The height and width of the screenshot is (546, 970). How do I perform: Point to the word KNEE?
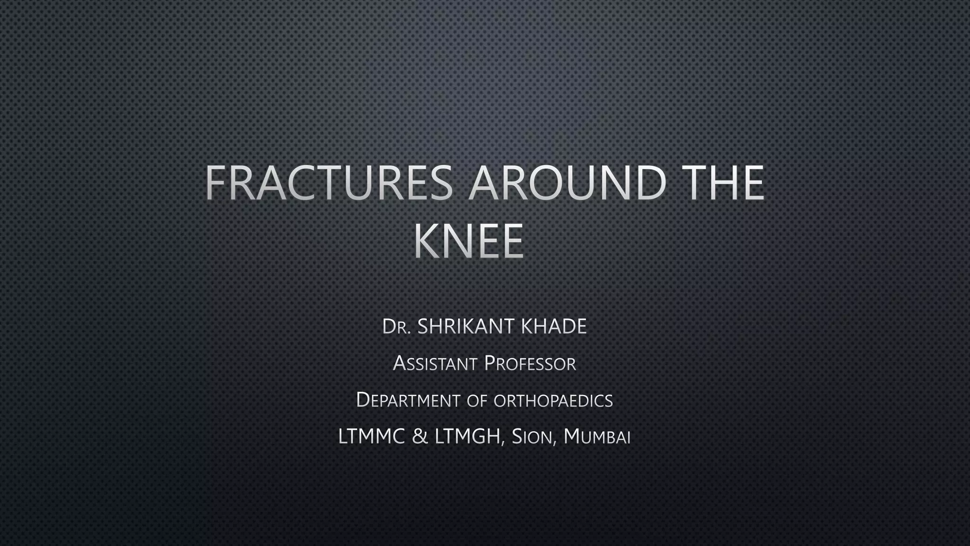(x=469, y=241)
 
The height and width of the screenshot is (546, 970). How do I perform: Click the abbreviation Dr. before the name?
(x=396, y=327)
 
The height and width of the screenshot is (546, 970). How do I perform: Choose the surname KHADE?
(x=553, y=327)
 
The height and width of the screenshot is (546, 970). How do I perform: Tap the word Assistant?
(x=435, y=364)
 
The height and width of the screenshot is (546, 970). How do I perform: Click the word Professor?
(x=530, y=364)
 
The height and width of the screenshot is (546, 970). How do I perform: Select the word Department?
(x=408, y=400)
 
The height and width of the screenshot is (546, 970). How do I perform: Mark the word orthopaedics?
(x=553, y=401)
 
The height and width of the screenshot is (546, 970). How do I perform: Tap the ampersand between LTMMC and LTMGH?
(x=419, y=437)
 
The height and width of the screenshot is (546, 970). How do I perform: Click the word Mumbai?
(x=597, y=437)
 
